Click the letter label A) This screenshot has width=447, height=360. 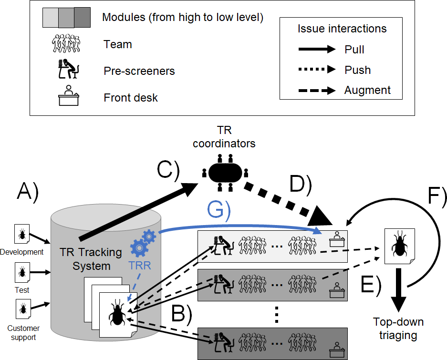(x=28, y=193)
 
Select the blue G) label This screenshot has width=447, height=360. (x=218, y=210)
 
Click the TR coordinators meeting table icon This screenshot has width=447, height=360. (x=225, y=173)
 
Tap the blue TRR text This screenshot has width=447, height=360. (x=140, y=266)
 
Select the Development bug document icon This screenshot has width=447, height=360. (x=22, y=234)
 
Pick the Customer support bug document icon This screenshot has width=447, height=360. (x=23, y=309)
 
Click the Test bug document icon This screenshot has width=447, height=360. (x=22, y=272)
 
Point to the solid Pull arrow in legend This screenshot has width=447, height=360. (x=317, y=49)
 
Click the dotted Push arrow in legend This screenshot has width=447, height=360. (x=317, y=69)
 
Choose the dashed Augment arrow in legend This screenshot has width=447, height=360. (x=317, y=91)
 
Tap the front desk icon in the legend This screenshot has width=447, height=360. (x=68, y=95)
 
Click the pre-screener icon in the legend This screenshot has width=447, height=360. (x=68, y=69)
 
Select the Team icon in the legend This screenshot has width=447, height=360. (x=66, y=43)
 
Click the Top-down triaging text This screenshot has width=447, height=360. (x=398, y=329)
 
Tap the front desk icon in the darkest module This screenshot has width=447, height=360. (x=337, y=350)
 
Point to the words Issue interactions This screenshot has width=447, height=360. (x=342, y=29)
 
